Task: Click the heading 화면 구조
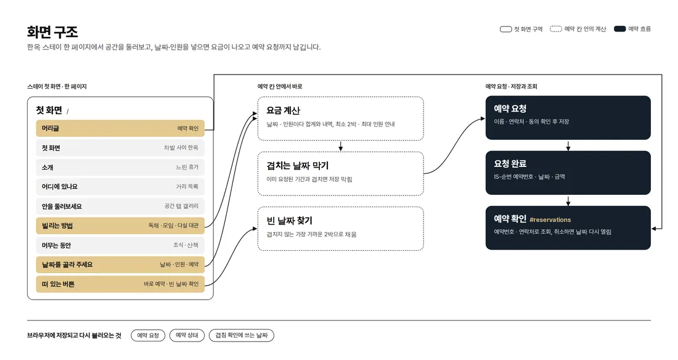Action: point(52,31)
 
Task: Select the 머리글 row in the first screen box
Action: point(120,128)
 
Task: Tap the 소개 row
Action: point(120,168)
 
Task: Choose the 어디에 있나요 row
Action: point(120,187)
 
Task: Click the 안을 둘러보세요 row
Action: point(120,207)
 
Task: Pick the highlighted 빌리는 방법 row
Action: point(120,226)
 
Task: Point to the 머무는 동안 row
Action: point(120,245)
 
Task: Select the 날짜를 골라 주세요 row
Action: point(120,265)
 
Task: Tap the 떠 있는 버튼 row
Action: point(120,284)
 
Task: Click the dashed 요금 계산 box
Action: point(341,118)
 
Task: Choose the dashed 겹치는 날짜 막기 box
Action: point(341,173)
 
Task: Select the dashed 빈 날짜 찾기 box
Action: point(341,229)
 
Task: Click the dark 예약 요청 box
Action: point(568,118)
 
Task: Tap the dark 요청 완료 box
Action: point(568,173)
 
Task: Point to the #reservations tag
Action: point(550,220)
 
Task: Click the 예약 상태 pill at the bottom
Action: point(187,335)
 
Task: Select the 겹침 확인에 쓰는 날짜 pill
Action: point(241,335)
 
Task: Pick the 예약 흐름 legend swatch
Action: point(619,29)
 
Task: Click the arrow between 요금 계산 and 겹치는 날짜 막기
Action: point(341,146)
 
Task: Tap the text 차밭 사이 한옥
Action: point(181,148)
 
